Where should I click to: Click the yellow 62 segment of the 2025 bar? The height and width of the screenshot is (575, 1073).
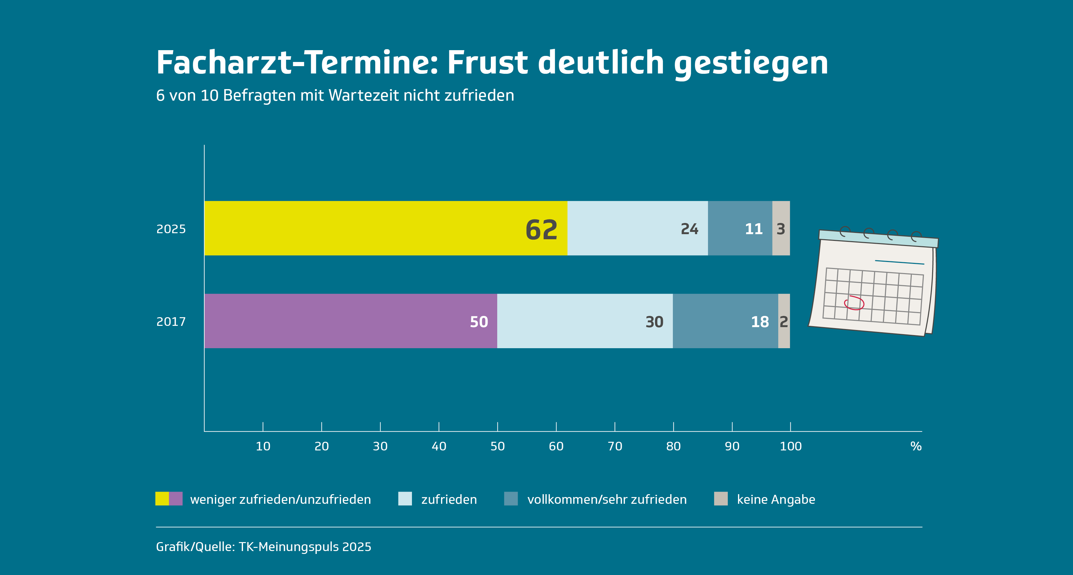click(x=385, y=228)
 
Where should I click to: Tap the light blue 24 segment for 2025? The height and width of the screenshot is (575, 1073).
click(x=637, y=228)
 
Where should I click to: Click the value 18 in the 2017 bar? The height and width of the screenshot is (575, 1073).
click(x=759, y=322)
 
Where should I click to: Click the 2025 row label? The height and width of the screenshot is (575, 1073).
click(x=171, y=229)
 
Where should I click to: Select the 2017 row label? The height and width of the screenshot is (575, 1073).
click(x=171, y=322)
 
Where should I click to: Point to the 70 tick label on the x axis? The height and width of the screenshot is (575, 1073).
click(x=614, y=446)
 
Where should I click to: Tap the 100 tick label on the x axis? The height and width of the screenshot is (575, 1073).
click(x=790, y=446)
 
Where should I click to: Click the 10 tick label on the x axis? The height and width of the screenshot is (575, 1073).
click(x=263, y=446)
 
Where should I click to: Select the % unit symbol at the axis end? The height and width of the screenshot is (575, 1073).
click(x=916, y=446)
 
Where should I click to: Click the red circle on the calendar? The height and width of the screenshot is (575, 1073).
click(x=854, y=303)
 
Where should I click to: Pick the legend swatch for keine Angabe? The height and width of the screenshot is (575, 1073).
click(x=721, y=499)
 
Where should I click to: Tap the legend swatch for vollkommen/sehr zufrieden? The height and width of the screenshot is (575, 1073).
click(x=511, y=499)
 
